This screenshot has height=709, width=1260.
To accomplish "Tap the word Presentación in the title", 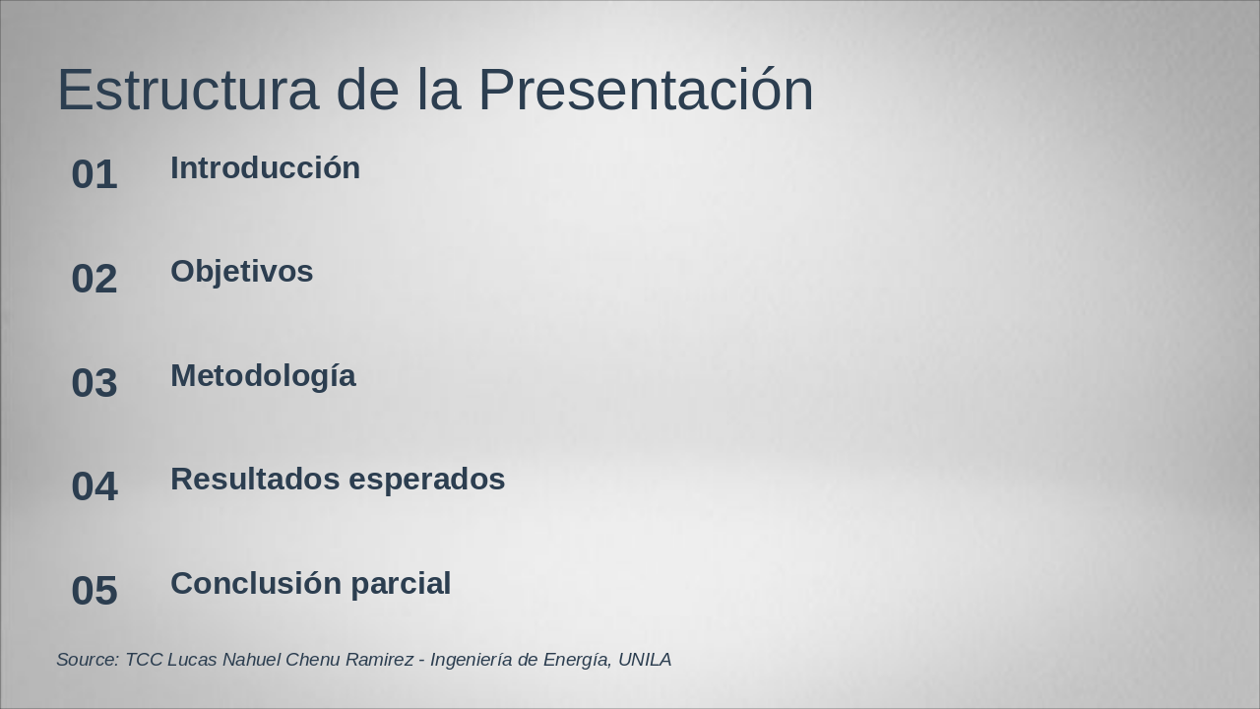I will coord(646,91).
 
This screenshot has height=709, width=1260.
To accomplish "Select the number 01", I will coord(94,175).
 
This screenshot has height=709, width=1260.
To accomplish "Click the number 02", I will coord(94,279).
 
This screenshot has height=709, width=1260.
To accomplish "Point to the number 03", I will coord(94,383).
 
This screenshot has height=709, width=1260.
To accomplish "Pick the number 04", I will coord(94,486).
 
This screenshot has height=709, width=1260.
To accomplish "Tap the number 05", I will coord(94,591).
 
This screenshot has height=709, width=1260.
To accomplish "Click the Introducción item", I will coord(265,168).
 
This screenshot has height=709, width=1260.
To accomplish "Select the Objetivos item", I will coord(241,272).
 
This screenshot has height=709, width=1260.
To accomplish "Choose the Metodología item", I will coord(263,376).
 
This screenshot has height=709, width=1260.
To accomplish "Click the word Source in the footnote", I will coord(88,660).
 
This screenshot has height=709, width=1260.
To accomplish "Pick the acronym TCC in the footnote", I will coord(143,660).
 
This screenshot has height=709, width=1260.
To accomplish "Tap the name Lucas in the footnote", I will coord(192,660).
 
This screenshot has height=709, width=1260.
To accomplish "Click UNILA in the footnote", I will coord(645,660).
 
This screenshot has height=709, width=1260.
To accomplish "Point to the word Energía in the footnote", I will coord(575,660).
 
